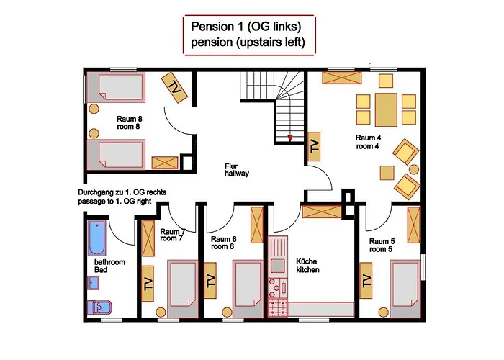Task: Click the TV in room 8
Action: tap(174, 87)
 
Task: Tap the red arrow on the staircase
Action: tap(290, 138)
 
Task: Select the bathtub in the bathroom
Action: tap(96, 238)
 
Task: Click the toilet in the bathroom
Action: tap(99, 307)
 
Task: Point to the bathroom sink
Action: tap(94, 283)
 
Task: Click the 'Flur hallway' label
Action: tap(237, 170)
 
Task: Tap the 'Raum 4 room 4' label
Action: tap(368, 142)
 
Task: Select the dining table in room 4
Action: tap(386, 109)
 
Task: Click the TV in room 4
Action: tap(314, 147)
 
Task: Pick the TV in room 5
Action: tap(366, 280)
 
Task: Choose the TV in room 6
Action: tap(210, 280)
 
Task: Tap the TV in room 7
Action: tap(148, 284)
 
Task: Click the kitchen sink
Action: tap(277, 266)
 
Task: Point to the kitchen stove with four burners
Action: tap(278, 307)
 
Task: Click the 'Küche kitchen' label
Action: tap(307, 266)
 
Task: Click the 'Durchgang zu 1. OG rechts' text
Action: tap(122, 192)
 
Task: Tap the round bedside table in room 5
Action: tap(384, 312)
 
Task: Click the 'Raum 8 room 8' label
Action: tap(129, 123)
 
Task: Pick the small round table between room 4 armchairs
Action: tap(414, 169)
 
